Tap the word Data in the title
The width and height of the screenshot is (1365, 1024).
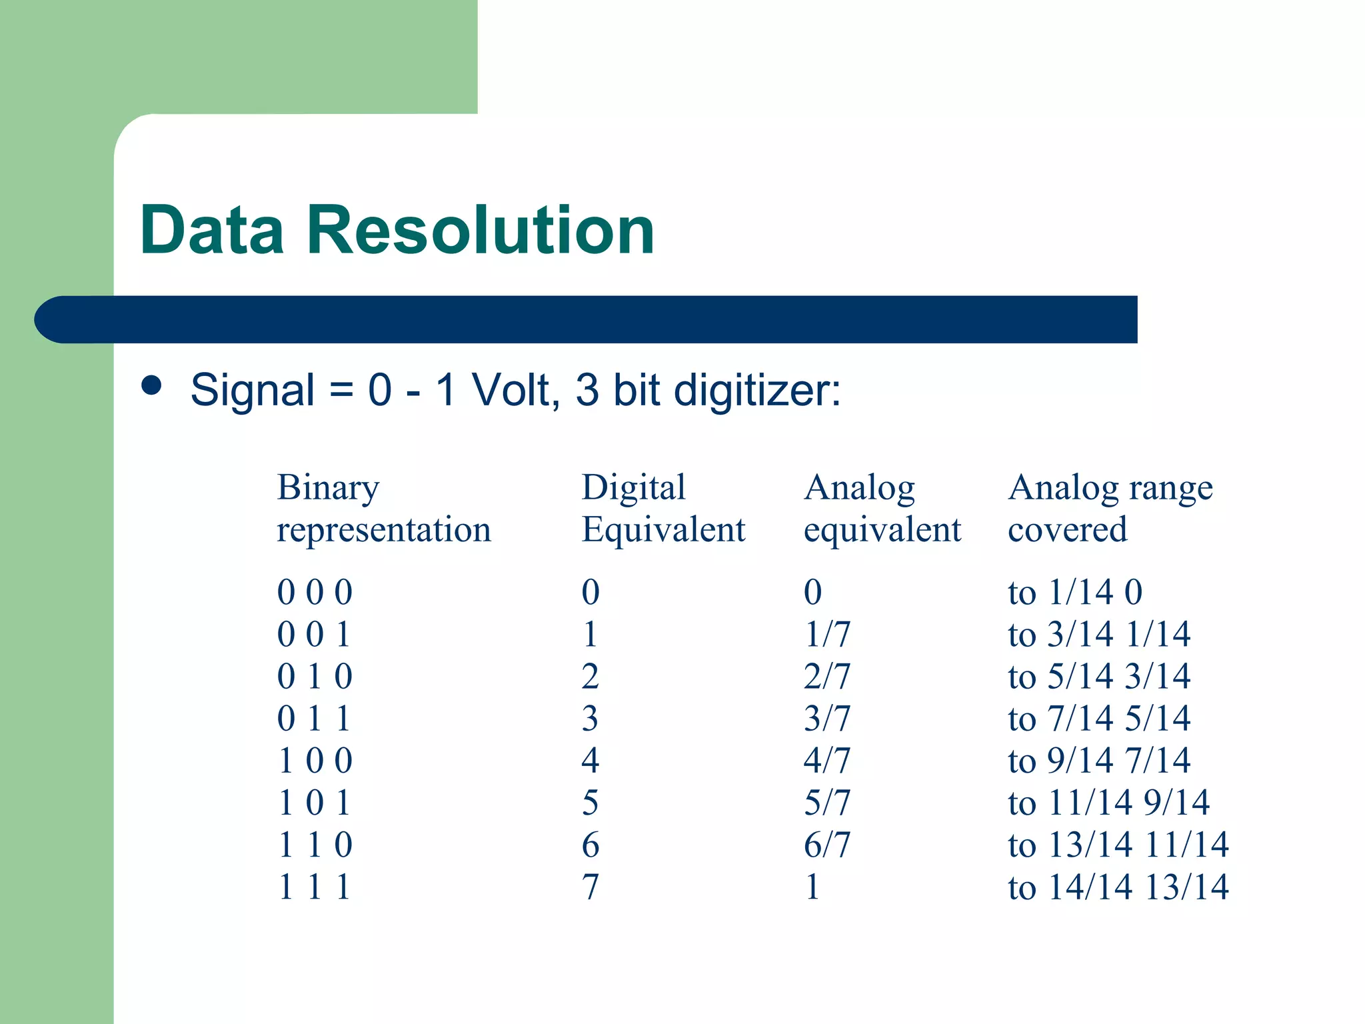[211, 231]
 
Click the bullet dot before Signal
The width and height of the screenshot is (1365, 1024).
[152, 385]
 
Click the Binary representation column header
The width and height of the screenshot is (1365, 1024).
[383, 508]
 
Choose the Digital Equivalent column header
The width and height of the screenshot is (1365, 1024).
[663, 508]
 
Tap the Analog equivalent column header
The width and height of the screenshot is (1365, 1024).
[882, 508]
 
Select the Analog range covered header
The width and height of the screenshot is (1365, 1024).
[1110, 508]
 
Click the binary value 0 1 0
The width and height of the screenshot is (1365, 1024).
[315, 676]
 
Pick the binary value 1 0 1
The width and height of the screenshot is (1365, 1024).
[315, 802]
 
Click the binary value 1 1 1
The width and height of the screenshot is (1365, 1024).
[315, 887]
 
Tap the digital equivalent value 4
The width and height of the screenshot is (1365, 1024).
[591, 760]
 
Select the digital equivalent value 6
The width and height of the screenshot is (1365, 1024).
[591, 845]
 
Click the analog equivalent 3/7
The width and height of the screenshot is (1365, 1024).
[826, 718]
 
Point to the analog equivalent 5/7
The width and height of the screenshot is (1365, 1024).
[826, 802]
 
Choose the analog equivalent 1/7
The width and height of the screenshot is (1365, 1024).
[826, 634]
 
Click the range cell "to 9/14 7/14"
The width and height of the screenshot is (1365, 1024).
[1099, 760]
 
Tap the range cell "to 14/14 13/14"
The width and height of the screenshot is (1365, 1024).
[1118, 887]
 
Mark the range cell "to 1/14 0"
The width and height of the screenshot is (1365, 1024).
[1075, 592]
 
